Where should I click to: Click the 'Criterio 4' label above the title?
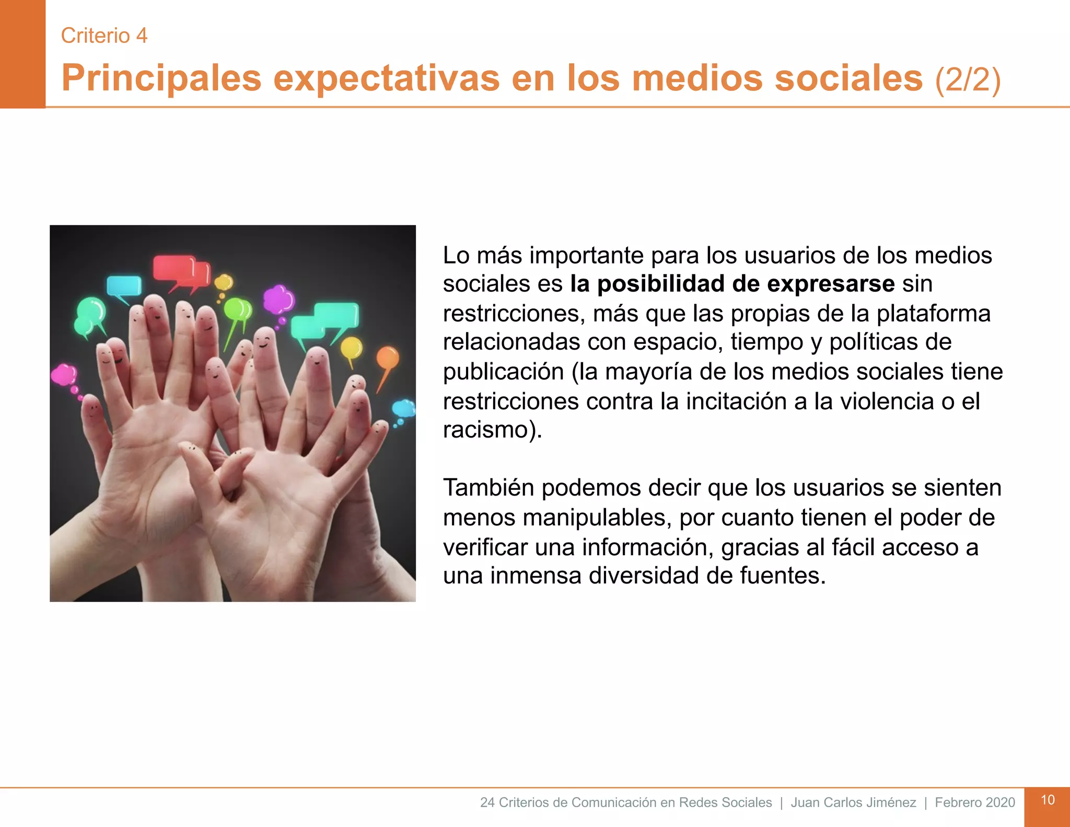tap(104, 36)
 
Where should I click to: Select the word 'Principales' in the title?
tap(161, 78)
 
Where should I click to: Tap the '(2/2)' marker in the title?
tap(968, 79)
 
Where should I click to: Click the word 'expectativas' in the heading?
tap(387, 78)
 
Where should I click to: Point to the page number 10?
tap(1048, 800)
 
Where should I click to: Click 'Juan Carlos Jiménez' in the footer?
tap(853, 802)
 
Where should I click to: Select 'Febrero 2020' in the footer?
tap(975, 802)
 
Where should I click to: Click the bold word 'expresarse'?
tap(831, 284)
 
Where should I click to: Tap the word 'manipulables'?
tap(595, 518)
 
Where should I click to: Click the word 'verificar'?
tap(485, 547)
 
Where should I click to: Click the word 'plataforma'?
tap(933, 314)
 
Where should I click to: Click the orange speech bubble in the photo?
tap(387, 358)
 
